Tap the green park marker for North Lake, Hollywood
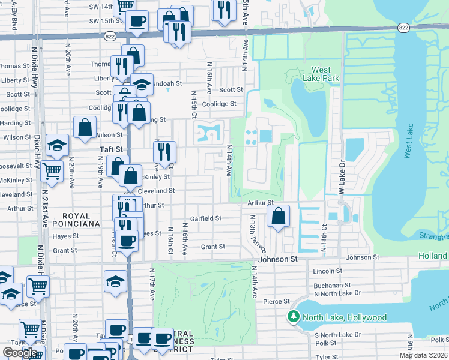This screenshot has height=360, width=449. coord(294,317)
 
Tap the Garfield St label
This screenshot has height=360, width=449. coord(206,218)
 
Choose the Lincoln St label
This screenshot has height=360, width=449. coord(327,271)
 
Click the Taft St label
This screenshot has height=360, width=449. coord(110,149)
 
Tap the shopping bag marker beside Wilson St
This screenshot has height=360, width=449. coord(85,127)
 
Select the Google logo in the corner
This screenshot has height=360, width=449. coord(20,352)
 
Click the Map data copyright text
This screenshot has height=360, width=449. coord(423,355)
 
